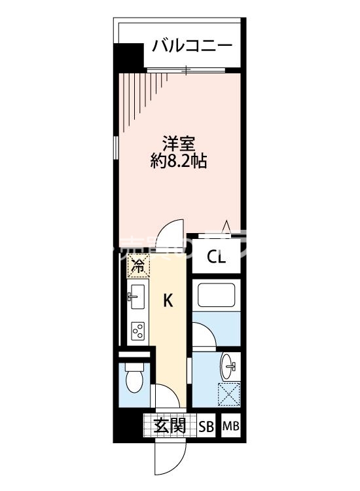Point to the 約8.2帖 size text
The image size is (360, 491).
tap(179, 162)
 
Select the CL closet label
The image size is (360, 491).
tap(217, 257)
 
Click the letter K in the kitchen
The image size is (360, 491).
tap(168, 300)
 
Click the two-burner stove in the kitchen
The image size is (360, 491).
tap(139, 332)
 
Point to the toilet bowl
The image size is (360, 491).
tap(135, 380)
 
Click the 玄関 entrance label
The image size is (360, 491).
tap(169, 426)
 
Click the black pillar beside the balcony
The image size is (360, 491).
tap(129, 58)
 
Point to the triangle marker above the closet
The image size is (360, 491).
tap(226, 227)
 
